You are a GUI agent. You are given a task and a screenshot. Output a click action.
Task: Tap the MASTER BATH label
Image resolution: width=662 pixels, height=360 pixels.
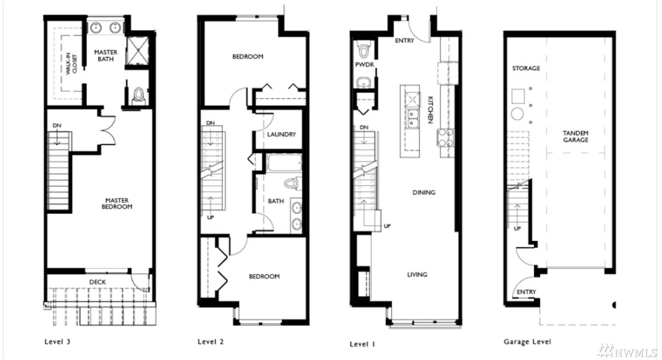tap(106, 56)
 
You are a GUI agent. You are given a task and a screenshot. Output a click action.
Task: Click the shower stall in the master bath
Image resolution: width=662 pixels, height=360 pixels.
tap(138, 51)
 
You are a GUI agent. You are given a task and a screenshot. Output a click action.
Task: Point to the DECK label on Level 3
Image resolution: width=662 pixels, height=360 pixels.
tap(97, 282)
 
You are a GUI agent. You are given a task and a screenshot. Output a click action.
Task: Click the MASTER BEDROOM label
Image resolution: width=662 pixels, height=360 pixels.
tap(117, 204)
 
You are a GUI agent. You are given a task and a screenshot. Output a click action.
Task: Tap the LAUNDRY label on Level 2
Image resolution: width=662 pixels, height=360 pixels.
tap(281, 134)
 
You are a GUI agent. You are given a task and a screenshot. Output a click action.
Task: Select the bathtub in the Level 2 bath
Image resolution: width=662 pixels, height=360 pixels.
tap(284, 163)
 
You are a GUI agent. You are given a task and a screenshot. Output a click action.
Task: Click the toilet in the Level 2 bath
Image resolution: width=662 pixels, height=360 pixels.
tap(292, 183)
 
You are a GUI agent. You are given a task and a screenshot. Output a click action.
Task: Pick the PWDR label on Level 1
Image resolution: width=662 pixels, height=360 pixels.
tap(365, 64)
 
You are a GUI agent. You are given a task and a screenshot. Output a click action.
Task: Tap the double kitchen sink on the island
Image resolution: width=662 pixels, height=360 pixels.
tap(413, 119)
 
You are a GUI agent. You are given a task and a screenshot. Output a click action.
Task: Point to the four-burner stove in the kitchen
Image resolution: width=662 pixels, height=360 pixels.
tap(446, 138)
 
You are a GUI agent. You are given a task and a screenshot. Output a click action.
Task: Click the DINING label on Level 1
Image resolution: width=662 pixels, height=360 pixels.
tap(424, 193)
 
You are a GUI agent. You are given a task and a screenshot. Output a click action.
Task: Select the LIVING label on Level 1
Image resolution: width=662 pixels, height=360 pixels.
tap(417, 275)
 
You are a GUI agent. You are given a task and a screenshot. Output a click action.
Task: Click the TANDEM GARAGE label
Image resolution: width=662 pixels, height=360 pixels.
tap(576, 137)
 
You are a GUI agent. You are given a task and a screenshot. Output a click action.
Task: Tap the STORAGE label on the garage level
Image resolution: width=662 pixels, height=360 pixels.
tap(526, 68)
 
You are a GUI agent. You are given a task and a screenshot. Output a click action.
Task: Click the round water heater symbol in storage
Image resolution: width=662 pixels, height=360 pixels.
tap(517, 114)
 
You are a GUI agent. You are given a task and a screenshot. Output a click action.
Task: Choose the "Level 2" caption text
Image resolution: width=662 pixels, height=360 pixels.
tap(211, 342)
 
